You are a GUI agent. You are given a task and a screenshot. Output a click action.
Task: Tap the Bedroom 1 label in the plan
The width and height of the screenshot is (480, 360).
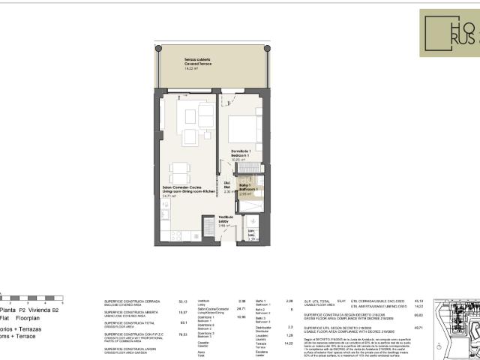pyautogui.click(x=241, y=154)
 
